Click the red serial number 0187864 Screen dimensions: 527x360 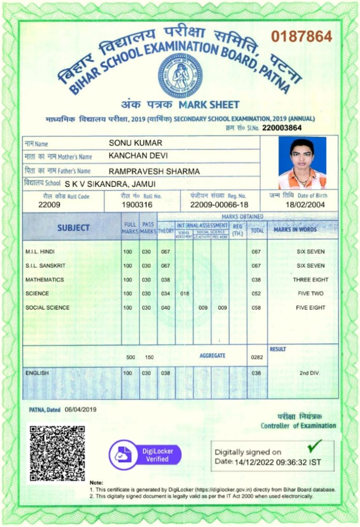click(x=301, y=36)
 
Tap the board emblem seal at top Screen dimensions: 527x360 click(x=180, y=75)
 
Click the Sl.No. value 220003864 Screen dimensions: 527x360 click(x=281, y=127)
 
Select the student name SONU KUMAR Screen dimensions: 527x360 click(x=135, y=143)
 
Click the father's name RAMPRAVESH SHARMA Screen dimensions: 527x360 click(x=154, y=171)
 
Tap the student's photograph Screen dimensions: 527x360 click(x=302, y=162)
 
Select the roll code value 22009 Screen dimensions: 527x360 click(x=49, y=205)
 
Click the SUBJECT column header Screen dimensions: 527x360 click(x=73, y=228)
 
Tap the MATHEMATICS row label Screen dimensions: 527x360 click(x=45, y=280)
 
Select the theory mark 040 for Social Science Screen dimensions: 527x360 click(x=165, y=308)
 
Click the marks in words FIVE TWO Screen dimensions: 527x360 click(x=311, y=294)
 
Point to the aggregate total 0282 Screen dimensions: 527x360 click(x=256, y=357)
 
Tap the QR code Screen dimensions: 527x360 click(x=57, y=453)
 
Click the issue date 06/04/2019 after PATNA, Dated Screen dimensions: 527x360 click(x=81, y=409)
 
